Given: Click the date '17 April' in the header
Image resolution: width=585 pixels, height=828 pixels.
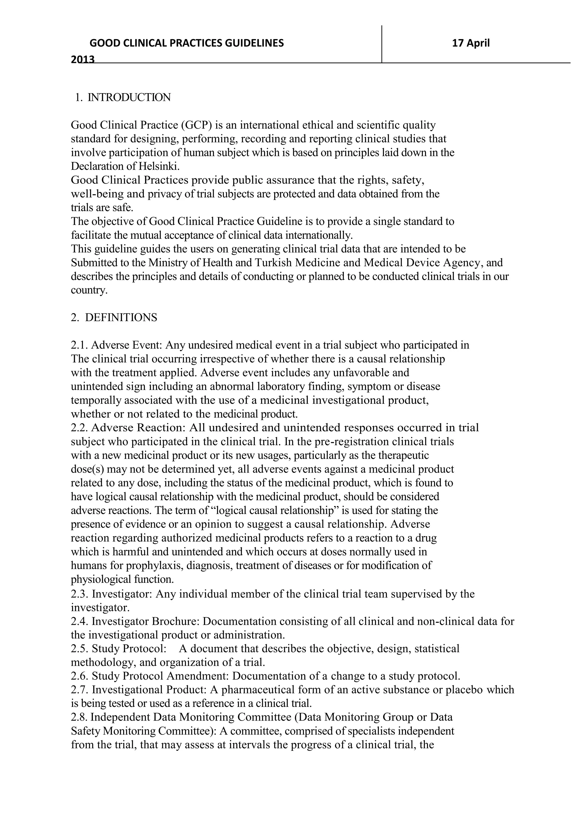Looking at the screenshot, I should click(471, 43).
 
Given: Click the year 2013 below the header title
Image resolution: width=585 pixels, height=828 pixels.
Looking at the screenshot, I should click(83, 59).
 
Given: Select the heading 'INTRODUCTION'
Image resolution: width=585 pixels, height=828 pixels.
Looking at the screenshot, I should click(129, 97).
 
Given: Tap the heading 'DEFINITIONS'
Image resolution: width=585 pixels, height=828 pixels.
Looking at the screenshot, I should click(121, 317).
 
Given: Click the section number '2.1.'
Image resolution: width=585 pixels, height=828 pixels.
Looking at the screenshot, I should click(80, 345).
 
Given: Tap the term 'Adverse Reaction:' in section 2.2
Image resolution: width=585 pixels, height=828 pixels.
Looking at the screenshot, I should click(138, 428).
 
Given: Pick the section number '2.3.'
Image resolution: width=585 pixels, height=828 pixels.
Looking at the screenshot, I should click(80, 594).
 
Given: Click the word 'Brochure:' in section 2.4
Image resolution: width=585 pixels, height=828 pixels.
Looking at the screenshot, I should click(176, 621).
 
